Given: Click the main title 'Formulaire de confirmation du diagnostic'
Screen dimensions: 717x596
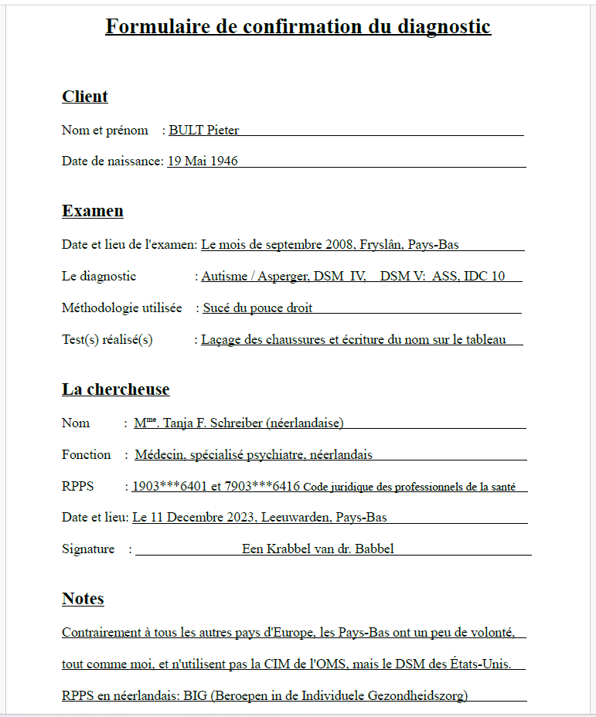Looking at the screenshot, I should pos(298,27).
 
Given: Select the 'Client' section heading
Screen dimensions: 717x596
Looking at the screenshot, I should pos(85,97).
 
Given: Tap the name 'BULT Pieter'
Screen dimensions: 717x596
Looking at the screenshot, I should pos(204,130).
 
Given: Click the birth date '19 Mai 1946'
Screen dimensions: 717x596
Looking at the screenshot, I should pos(203,161).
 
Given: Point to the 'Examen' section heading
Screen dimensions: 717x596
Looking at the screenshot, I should pos(93,211).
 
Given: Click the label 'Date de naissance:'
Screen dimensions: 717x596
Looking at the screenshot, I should pos(113,161).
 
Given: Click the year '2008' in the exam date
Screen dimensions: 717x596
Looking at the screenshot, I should pos(340,245).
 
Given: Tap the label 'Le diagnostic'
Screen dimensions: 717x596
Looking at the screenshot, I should pos(99,277).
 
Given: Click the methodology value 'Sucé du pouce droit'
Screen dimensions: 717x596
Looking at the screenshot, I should pos(257,308).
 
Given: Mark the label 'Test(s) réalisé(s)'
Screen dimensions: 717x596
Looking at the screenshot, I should pos(107,340).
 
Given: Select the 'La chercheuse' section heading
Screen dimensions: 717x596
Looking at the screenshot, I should pos(116,389).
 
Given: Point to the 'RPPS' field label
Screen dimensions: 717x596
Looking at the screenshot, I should pos(77,487).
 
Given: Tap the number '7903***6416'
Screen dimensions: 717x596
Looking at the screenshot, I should pos(262,487).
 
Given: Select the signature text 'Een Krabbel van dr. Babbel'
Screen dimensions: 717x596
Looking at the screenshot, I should pos(318,549).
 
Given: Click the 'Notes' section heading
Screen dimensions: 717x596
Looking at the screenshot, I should pos(83,599).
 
